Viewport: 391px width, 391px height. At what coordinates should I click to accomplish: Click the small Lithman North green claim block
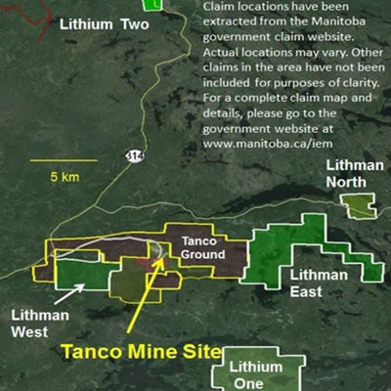359,204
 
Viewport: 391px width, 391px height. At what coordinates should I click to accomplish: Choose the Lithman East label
319,282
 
